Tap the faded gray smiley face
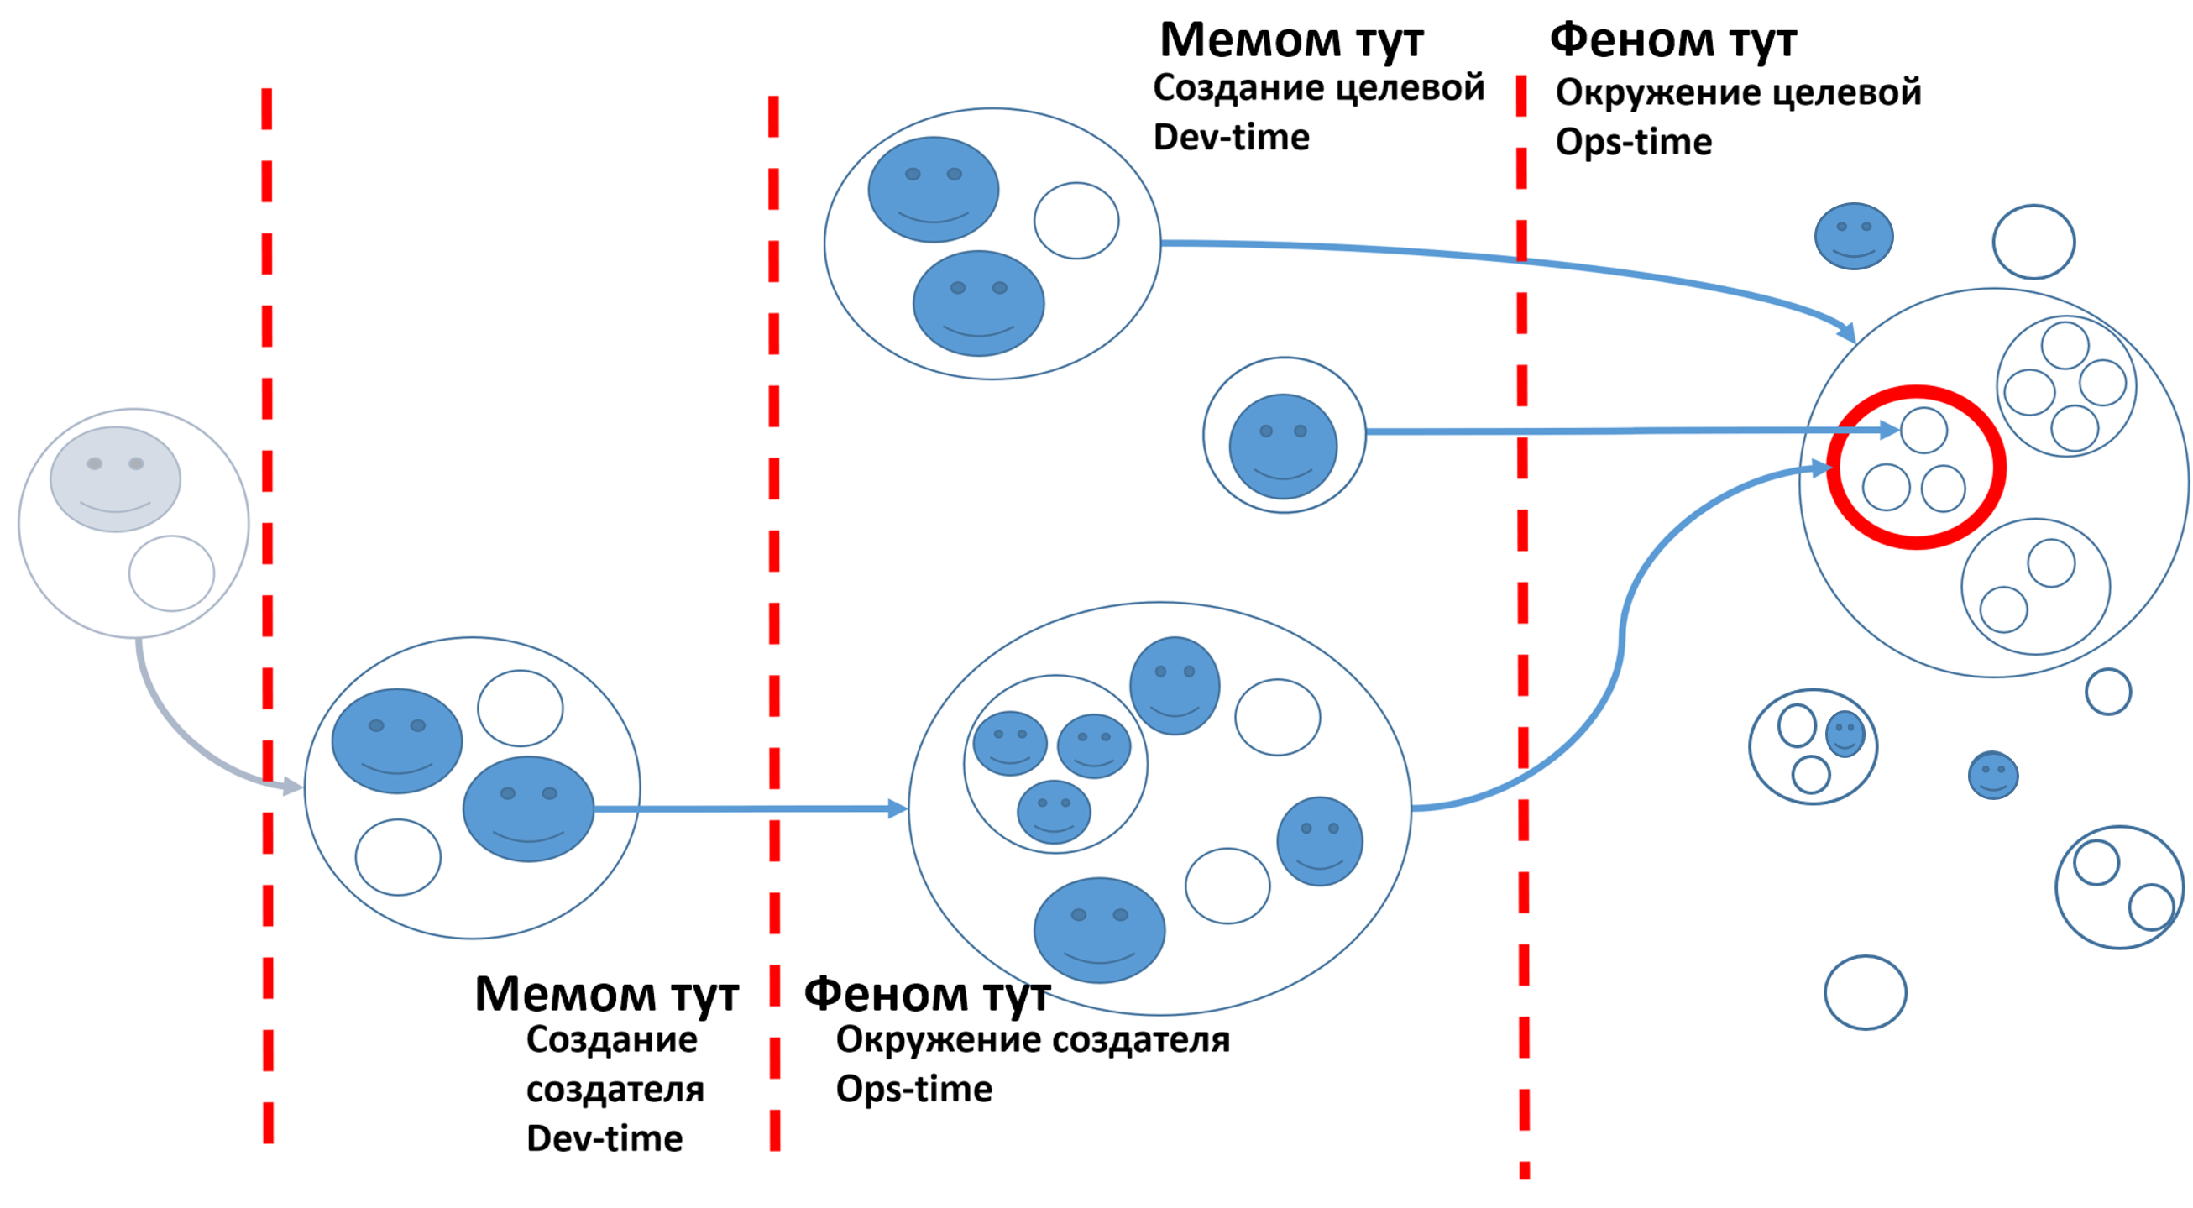(x=115, y=478)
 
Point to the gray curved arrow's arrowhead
(x=292, y=787)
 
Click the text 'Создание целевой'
(x=1318, y=87)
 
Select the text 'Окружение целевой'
(x=1738, y=93)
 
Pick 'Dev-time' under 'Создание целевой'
(x=1231, y=137)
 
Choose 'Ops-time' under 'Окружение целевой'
(x=1633, y=142)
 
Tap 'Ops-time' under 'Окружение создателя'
(x=913, y=1089)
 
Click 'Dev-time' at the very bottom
(x=605, y=1138)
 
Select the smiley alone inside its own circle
(x=1283, y=445)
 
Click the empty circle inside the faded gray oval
(x=171, y=573)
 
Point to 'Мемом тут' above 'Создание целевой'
(x=1290, y=40)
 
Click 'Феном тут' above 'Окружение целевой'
(x=1672, y=40)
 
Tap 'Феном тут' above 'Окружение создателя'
(x=927, y=993)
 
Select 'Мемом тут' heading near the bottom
(x=606, y=993)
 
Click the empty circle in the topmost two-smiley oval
(x=1076, y=220)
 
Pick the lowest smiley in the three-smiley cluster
(x=1053, y=812)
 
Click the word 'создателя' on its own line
(x=615, y=1089)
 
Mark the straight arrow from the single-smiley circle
(x=1618, y=431)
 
